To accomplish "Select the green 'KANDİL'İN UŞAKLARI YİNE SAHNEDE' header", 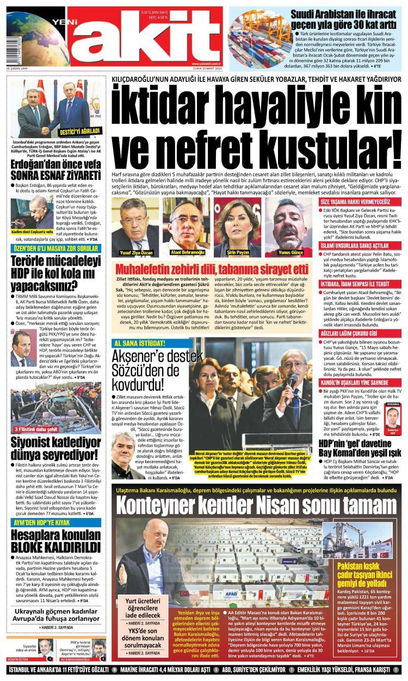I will click(360, 368).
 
